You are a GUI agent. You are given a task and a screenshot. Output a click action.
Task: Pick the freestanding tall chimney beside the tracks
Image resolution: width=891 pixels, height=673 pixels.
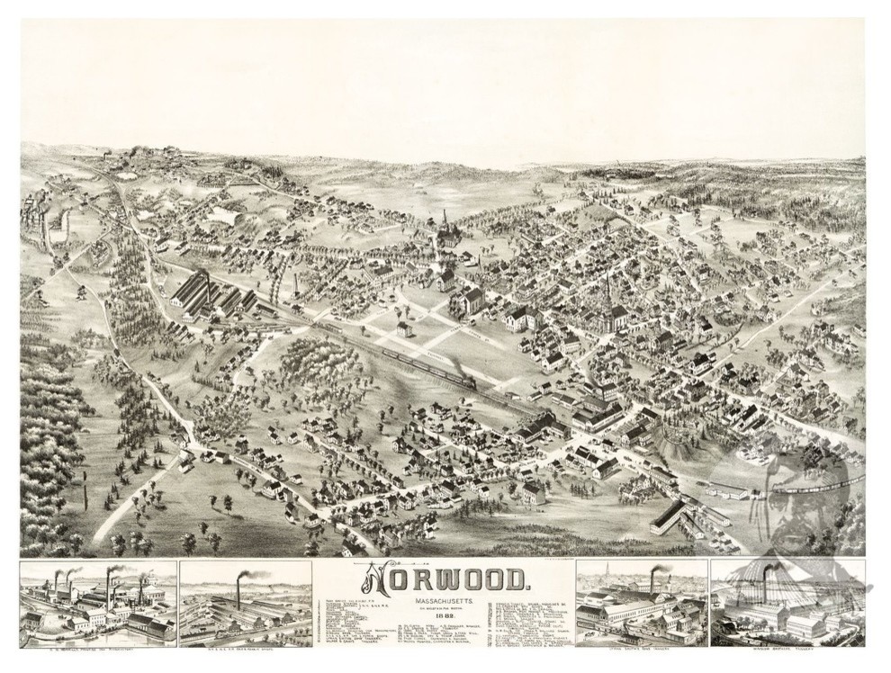coord(294,282)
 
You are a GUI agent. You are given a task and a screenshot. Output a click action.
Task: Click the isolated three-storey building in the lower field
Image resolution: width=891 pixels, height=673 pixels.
coord(533,492)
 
